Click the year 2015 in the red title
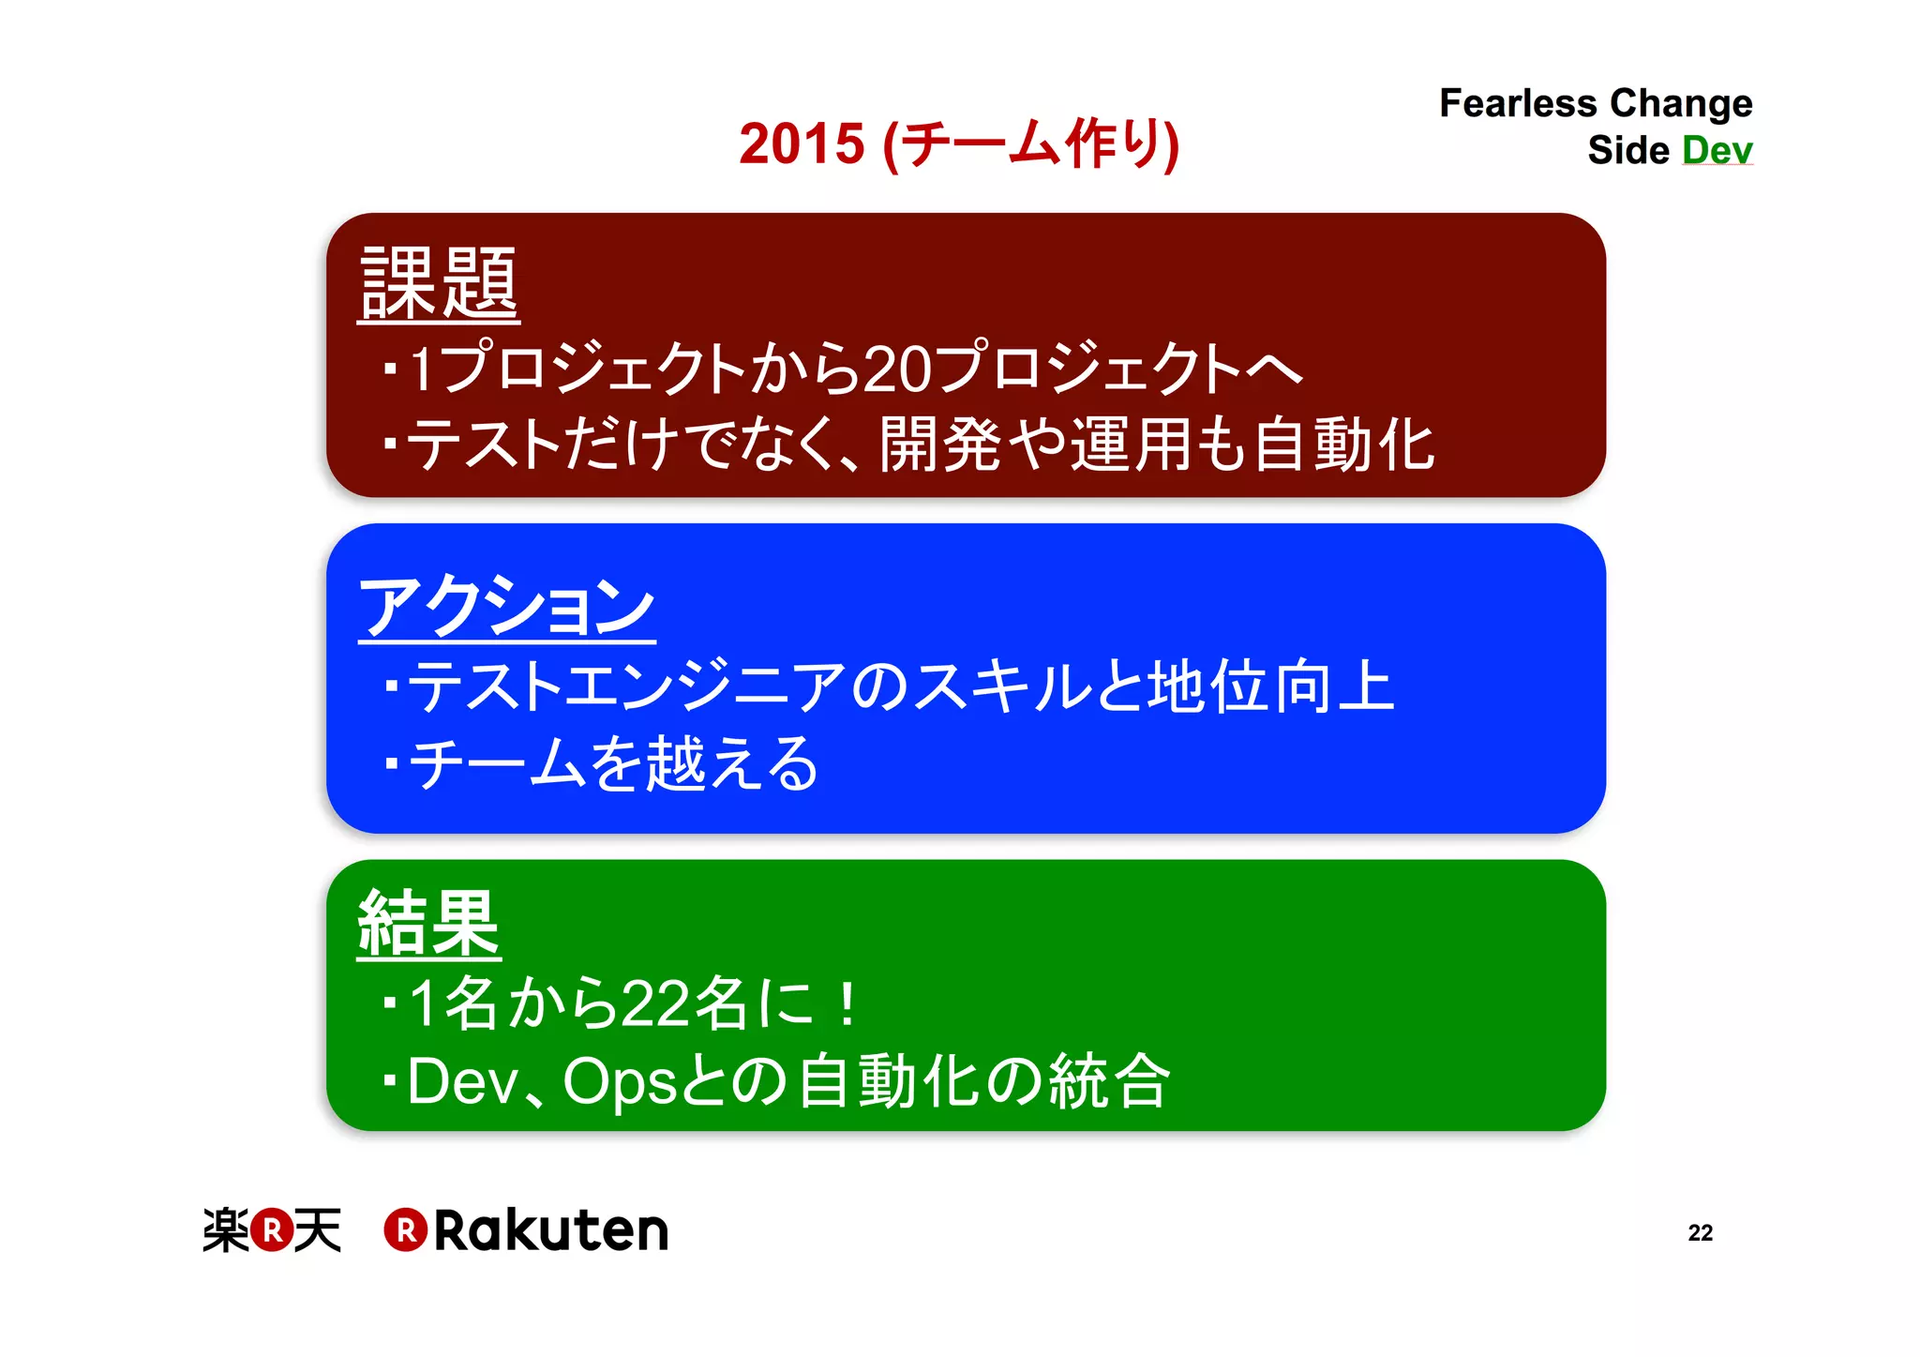801,144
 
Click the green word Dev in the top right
1717,150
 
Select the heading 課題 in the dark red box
439,283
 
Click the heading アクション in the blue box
506,607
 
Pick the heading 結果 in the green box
428,924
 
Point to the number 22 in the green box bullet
655,1003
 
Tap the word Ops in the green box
620,1081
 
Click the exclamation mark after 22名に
847,1003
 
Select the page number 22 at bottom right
1700,1232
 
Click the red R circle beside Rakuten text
406,1229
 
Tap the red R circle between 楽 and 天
272,1229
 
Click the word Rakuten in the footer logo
551,1229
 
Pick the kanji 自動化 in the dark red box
1343,445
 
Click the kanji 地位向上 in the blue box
1271,686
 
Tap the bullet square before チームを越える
392,763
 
